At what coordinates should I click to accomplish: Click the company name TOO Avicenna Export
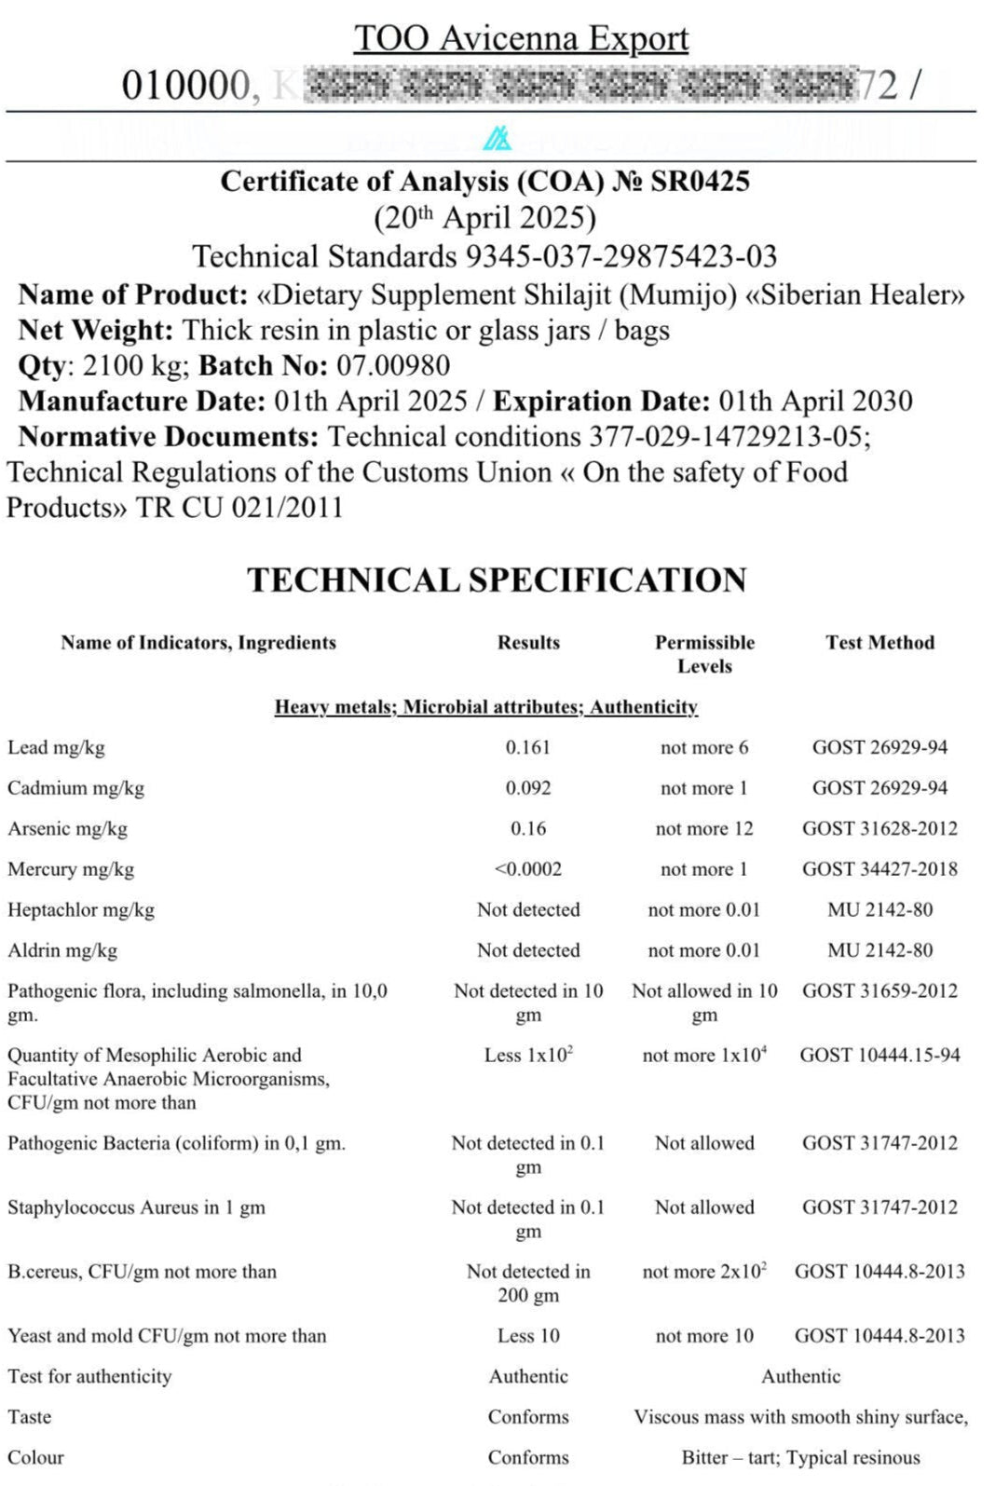521,38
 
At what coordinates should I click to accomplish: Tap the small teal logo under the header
497,139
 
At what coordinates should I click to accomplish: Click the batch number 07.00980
392,365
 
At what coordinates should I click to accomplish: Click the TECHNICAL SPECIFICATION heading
497,579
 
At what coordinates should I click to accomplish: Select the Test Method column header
879,642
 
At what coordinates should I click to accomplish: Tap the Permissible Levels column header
704,654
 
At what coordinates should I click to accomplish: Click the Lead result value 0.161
528,747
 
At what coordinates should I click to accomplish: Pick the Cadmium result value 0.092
528,788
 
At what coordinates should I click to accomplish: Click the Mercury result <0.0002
528,869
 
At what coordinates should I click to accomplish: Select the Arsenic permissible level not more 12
704,828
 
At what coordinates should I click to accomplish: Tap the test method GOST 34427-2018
879,869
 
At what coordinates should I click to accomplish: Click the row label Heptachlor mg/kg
81,910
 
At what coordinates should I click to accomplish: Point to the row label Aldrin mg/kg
62,950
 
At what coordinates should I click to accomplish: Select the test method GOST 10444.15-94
879,1056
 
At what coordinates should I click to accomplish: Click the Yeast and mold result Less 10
528,1336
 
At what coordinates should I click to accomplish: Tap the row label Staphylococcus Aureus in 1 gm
136,1207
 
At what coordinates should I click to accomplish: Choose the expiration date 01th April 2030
815,401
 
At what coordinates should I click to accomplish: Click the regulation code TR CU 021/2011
239,508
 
